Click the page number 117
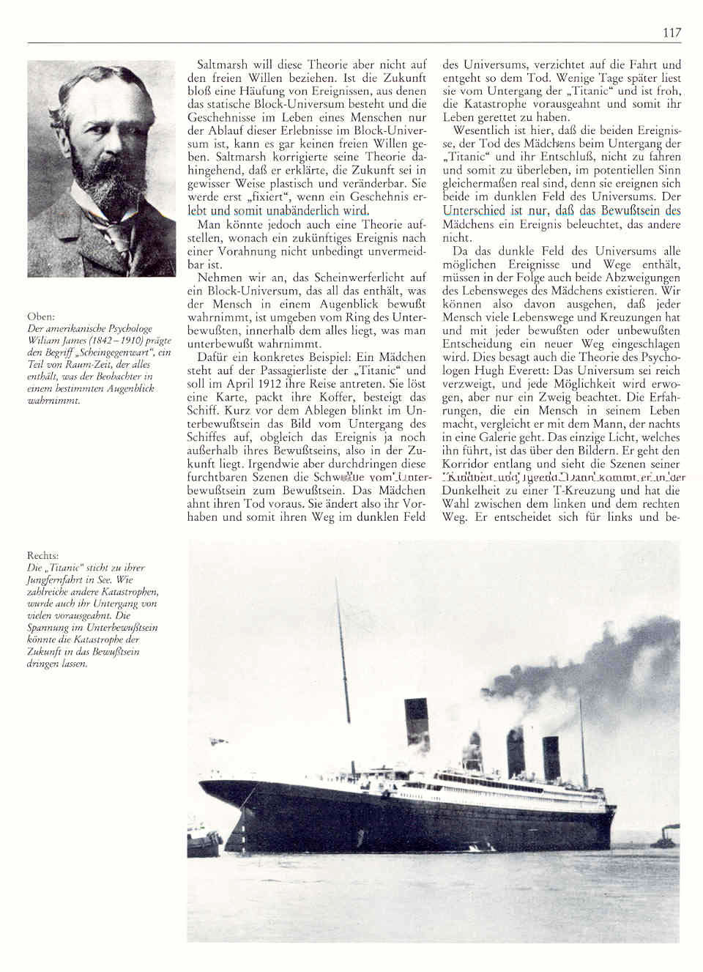[x=672, y=32]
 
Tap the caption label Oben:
[x=40, y=316]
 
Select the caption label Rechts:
[x=44, y=556]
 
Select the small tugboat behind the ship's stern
[x=668, y=837]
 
